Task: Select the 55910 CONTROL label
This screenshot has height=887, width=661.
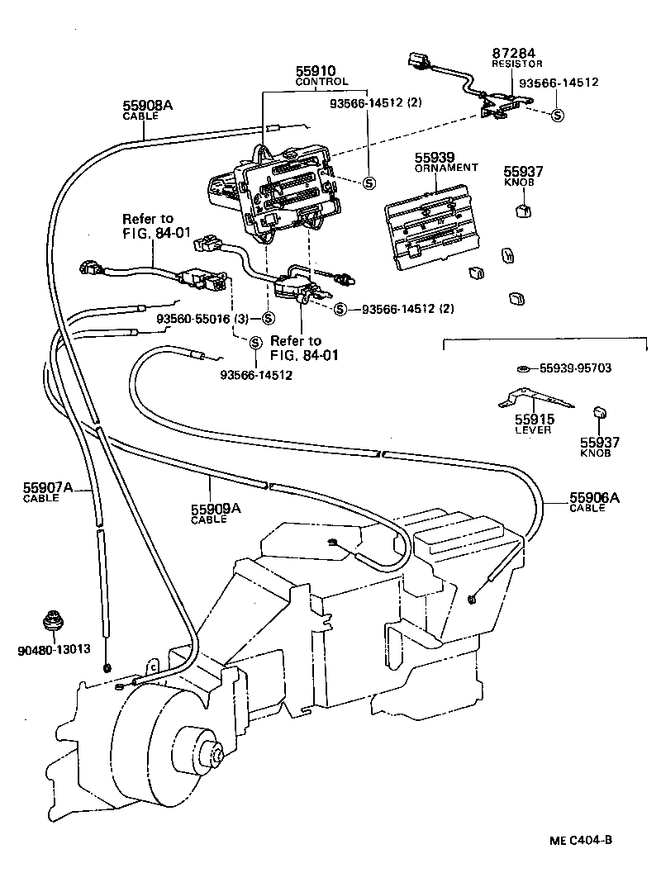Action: coord(321,76)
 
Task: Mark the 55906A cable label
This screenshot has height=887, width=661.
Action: coord(593,502)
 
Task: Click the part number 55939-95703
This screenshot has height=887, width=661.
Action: coord(575,368)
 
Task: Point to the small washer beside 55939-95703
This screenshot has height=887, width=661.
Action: coord(524,368)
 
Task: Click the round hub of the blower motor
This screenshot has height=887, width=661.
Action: coord(217,753)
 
